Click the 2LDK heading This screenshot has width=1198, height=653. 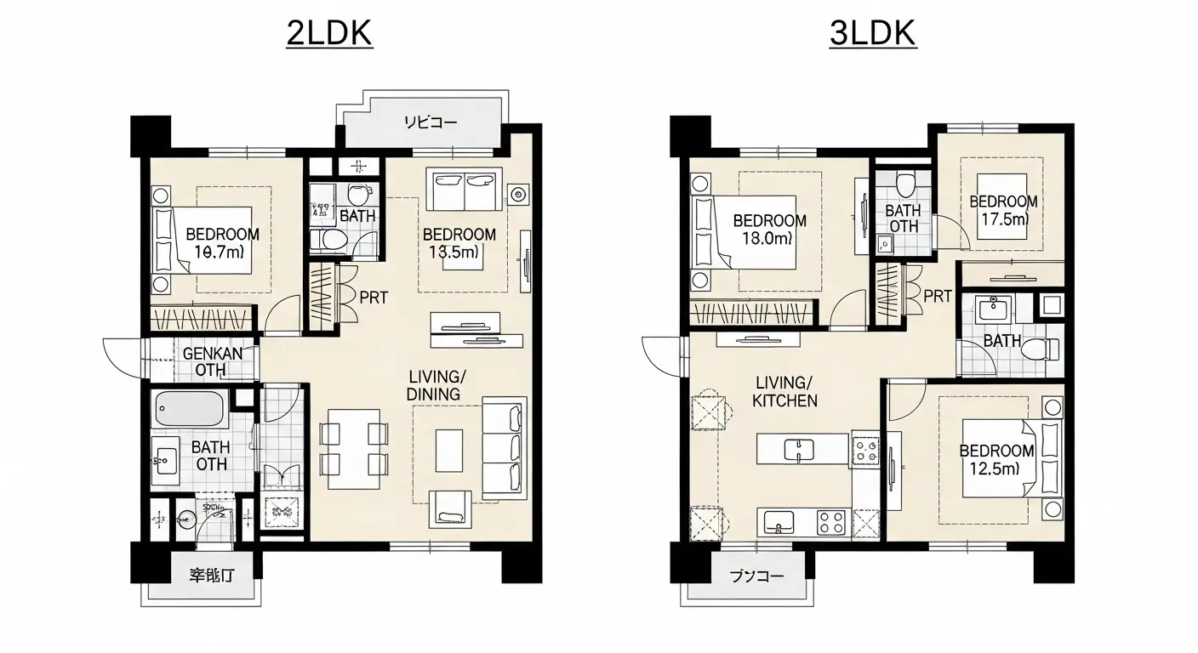tap(329, 34)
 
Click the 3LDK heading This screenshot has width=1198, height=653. tap(871, 34)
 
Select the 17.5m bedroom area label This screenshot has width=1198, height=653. tap(1003, 219)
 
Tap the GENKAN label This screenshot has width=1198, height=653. tap(211, 353)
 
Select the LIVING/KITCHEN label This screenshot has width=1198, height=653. tap(784, 391)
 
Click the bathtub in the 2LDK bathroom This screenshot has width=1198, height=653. tap(189, 409)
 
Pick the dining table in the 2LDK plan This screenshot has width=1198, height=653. tap(354, 449)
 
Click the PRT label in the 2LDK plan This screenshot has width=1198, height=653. tap(374, 298)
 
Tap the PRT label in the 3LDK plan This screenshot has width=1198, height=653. tap(938, 297)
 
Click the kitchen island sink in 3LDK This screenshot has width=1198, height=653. tap(798, 448)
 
